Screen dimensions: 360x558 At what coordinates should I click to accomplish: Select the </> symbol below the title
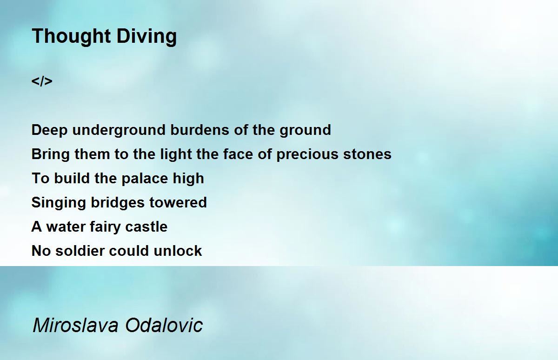tap(42, 81)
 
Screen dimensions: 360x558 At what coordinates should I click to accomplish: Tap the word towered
tap(179, 202)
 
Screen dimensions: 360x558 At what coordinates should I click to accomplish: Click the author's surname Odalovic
tap(164, 325)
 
